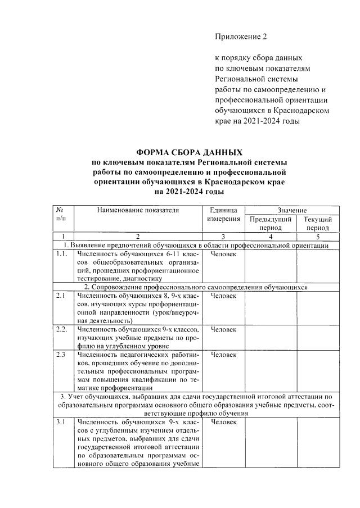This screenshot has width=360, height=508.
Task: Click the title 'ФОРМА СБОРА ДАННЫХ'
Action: click(x=190, y=153)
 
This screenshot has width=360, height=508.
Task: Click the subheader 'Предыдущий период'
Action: click(x=270, y=223)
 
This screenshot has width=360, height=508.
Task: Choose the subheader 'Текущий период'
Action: click(x=318, y=223)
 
